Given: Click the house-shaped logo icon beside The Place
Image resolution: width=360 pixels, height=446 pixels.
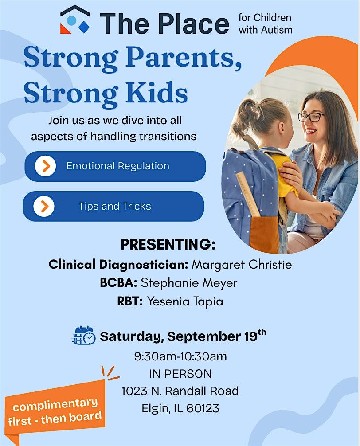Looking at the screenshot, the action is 75,20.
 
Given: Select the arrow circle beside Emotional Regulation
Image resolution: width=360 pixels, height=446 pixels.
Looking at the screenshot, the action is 46,166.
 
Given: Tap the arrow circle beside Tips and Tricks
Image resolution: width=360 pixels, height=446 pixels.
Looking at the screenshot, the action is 44,206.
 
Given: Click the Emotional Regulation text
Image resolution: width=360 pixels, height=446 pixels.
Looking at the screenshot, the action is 118,166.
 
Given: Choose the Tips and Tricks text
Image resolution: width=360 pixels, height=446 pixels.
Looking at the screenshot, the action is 115,206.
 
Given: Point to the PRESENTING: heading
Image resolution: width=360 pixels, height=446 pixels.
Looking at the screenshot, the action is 168,244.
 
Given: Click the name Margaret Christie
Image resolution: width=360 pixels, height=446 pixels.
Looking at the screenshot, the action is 242,265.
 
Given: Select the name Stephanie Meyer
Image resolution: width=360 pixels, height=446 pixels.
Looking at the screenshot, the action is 189,283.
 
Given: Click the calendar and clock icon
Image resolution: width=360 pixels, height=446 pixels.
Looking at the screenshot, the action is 84,336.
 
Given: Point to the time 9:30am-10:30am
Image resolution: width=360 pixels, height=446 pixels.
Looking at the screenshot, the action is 180,356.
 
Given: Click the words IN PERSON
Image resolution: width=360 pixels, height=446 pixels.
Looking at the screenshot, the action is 180,374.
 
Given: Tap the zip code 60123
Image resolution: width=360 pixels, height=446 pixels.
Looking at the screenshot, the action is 203,408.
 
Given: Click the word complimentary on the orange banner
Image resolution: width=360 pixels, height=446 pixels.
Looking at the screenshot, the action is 55,404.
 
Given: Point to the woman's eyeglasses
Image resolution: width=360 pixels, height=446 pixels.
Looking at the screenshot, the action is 311,117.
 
